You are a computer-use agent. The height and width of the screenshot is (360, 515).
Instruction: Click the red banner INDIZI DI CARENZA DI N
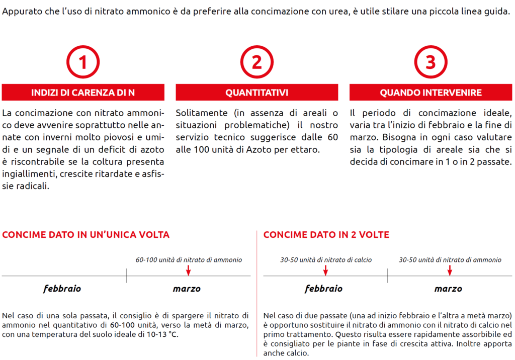click(x=83, y=93)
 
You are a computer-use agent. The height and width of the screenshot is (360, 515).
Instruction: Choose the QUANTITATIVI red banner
click(x=257, y=93)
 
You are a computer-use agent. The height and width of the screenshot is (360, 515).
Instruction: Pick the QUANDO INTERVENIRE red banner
click(x=431, y=93)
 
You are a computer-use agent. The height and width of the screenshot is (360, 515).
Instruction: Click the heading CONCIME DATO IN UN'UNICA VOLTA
click(x=86, y=235)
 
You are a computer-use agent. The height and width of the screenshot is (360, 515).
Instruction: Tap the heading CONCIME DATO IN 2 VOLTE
click(x=326, y=235)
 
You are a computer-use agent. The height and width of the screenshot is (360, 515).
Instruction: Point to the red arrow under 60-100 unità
click(x=189, y=271)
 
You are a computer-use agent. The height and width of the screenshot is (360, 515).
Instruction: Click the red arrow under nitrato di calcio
click(x=325, y=271)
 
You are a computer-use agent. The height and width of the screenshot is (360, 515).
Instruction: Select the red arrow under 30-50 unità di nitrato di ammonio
click(x=450, y=271)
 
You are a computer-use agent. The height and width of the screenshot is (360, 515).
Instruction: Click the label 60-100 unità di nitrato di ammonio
click(x=189, y=260)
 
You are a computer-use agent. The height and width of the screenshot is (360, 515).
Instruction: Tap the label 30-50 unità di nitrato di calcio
click(x=326, y=260)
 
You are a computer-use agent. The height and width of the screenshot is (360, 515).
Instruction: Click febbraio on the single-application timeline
click(x=62, y=289)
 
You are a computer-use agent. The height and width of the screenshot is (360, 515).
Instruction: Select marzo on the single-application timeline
click(x=187, y=289)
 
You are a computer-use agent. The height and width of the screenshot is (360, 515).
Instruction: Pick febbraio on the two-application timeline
click(x=323, y=289)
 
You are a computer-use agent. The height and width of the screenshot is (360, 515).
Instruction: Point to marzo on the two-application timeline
click(x=448, y=289)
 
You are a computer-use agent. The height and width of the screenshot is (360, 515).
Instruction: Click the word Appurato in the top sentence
click(x=20, y=11)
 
